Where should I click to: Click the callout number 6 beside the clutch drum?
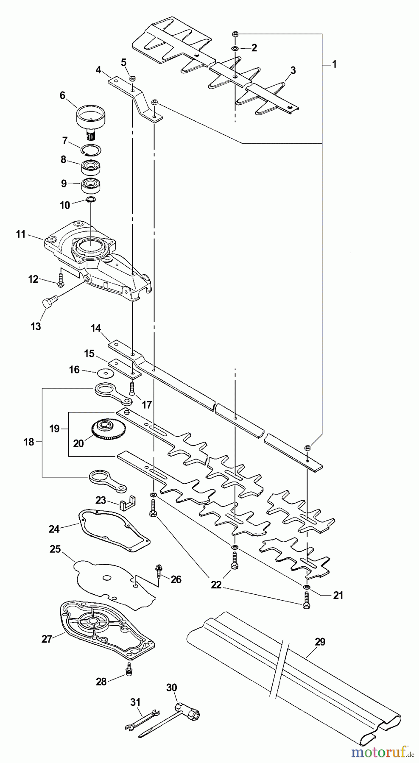point(63,95)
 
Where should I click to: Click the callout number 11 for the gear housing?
point(21,234)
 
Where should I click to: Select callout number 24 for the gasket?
point(55,529)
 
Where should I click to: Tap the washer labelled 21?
point(306,587)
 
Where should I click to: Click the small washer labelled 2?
point(235,50)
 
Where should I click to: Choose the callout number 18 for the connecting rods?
point(28,442)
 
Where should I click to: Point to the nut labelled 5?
point(132,78)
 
